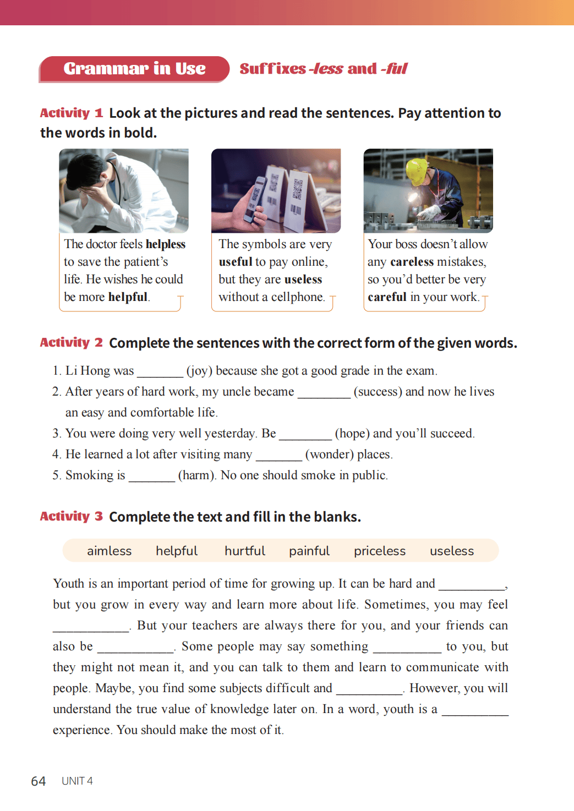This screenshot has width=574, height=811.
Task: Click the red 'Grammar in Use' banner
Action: [134, 69]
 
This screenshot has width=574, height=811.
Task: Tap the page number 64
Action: [38, 781]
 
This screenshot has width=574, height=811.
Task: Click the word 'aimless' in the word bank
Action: [109, 551]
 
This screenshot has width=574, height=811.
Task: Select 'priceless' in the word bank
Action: [379, 551]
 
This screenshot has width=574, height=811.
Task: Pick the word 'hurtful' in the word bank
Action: [244, 551]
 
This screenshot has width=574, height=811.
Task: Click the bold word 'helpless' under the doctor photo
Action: [166, 244]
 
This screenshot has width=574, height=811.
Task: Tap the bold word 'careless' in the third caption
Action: [412, 261]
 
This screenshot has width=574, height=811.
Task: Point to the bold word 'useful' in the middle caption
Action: [235, 261]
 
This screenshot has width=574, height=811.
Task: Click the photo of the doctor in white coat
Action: [124, 190]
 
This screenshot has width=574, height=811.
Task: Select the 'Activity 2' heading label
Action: [71, 342]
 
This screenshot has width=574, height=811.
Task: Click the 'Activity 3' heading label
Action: [71, 516]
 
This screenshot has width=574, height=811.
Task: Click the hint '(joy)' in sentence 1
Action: [199, 371]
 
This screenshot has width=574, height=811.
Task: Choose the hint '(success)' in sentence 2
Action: [378, 392]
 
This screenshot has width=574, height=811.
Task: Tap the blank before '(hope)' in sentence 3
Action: [305, 435]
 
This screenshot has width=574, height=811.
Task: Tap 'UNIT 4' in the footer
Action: [77, 781]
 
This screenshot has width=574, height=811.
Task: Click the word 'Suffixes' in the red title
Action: [272, 69]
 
